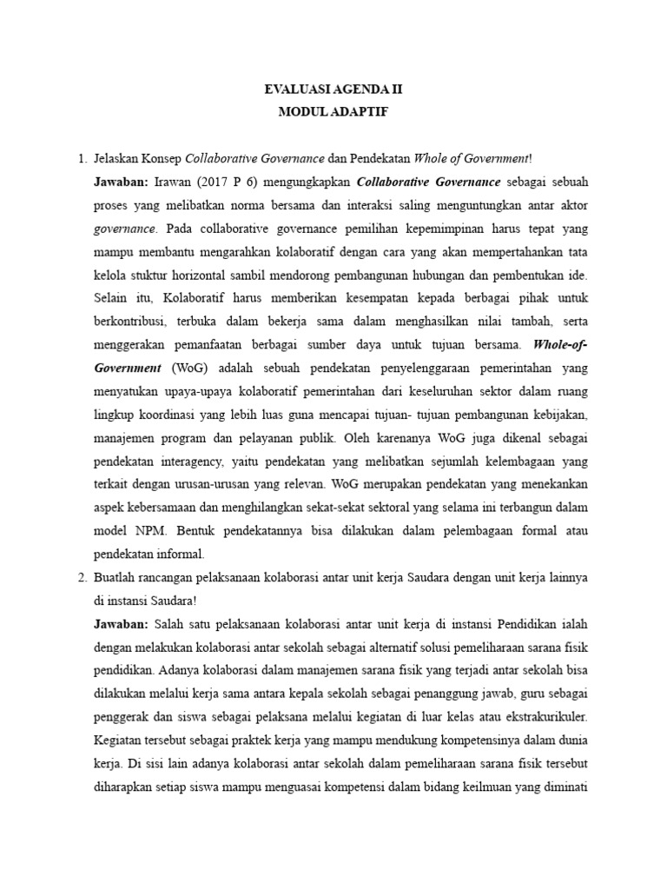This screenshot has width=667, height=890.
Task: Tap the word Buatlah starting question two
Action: point(118,576)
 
